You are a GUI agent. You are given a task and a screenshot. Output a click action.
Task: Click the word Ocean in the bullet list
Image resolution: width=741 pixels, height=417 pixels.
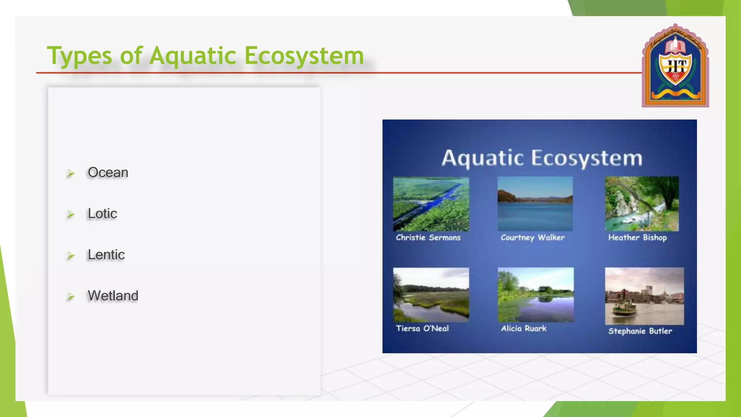108,173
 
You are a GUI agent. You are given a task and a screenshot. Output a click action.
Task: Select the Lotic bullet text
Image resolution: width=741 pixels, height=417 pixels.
102,214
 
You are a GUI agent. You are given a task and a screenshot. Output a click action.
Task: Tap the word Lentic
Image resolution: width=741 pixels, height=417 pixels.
106,255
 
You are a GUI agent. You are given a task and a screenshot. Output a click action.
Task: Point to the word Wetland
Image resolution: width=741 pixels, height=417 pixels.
113,296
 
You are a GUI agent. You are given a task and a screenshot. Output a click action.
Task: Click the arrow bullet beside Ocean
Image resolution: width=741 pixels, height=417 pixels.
71,173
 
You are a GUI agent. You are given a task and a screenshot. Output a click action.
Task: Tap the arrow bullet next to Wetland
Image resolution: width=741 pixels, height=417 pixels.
71,297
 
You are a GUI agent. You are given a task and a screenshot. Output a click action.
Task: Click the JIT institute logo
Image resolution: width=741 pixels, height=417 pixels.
675,66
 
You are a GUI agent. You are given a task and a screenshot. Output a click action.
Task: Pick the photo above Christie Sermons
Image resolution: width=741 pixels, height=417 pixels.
431,204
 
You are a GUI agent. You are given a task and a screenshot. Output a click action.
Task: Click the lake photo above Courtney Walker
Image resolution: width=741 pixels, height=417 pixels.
535,204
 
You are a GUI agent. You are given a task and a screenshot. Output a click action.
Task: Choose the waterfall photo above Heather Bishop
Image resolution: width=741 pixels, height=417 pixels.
642,204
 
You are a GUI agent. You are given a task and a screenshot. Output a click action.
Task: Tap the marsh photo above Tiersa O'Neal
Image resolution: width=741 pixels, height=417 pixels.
431,295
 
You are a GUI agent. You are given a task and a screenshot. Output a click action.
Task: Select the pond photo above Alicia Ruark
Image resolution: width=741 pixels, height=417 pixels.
535,295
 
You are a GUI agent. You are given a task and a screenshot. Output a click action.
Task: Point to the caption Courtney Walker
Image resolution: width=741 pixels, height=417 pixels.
532,238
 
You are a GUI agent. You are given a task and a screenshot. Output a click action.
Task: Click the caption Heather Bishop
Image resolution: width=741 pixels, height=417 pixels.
637,238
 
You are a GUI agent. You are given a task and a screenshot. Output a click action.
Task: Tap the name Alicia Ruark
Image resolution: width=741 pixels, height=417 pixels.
524,329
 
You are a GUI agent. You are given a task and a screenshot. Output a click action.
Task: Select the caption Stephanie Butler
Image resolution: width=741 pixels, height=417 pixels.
640,331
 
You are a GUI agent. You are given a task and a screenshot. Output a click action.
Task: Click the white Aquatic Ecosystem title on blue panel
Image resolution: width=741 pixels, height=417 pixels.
542,158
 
